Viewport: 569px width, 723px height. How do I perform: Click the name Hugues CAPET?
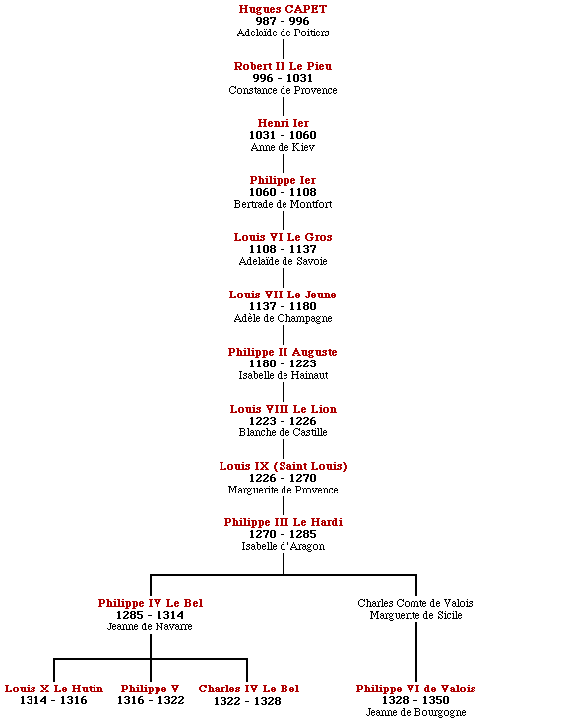[x=283, y=9]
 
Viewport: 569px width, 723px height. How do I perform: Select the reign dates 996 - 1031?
[x=283, y=78]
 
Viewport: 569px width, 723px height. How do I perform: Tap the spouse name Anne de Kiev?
[x=283, y=147]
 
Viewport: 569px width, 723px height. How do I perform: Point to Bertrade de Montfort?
[x=283, y=204]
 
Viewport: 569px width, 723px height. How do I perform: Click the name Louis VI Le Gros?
[x=283, y=237]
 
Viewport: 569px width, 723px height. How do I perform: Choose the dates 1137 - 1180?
[x=283, y=306]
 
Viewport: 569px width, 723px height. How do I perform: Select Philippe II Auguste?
[x=283, y=352]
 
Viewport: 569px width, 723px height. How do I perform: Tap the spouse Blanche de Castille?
[x=283, y=432]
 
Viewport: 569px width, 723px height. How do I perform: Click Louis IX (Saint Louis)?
[x=283, y=466]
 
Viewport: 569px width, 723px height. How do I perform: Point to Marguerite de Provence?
[x=283, y=490]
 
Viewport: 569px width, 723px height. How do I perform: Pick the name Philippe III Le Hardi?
[x=283, y=522]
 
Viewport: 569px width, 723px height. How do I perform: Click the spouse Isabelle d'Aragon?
[x=283, y=546]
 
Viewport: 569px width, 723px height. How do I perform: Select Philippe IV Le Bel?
[x=151, y=603]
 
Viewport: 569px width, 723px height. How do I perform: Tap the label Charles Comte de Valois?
[x=415, y=603]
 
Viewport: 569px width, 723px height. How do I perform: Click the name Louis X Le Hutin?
[x=54, y=689]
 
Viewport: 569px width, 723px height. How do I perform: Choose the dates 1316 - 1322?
[x=151, y=701]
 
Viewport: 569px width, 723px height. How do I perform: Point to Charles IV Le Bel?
[x=248, y=689]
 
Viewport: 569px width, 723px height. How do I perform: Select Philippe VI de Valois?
[x=415, y=689]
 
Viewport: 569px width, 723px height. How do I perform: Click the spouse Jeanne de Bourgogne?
[x=415, y=713]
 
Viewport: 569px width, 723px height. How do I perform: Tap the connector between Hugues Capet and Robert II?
[x=283, y=49]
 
